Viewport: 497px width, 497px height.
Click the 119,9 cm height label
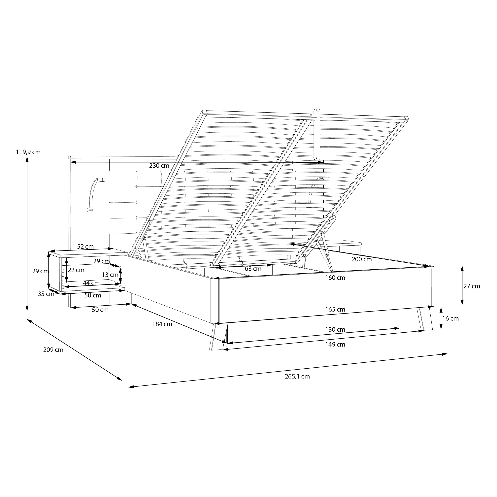(x=28, y=152)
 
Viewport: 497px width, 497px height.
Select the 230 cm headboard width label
(x=159, y=166)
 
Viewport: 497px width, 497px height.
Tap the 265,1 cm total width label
(x=297, y=377)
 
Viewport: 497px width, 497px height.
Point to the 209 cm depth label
(x=53, y=350)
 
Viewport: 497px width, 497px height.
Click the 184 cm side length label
(x=162, y=324)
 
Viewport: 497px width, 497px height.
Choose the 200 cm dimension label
(x=362, y=259)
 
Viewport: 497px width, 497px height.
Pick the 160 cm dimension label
(x=335, y=278)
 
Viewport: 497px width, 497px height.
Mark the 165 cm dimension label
(x=335, y=310)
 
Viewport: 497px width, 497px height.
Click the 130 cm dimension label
(x=335, y=330)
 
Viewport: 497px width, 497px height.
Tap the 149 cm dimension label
(x=335, y=345)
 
